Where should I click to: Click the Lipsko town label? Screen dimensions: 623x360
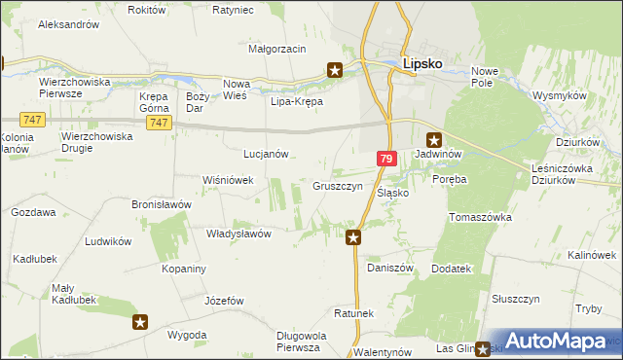(423, 64)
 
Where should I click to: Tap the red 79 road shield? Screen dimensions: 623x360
(387, 159)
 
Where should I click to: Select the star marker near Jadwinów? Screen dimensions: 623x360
(434, 139)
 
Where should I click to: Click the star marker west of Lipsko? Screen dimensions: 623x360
(335, 70)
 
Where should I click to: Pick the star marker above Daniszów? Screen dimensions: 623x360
(354, 236)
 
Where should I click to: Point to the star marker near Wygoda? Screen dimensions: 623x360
(140, 322)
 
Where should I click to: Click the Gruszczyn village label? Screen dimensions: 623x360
(338, 186)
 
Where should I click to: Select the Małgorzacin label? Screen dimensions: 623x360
(277, 49)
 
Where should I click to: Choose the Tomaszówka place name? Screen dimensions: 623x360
(480, 218)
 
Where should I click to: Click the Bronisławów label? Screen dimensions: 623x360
(158, 205)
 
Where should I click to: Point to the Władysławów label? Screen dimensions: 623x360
(238, 234)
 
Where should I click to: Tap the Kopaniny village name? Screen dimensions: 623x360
(182, 268)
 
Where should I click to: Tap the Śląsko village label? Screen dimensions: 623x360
(392, 193)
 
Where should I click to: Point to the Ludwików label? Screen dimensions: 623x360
(108, 240)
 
